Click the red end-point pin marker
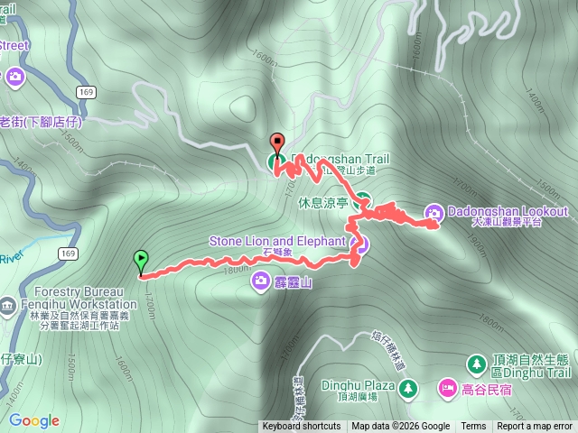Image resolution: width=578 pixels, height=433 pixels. pos(276,143)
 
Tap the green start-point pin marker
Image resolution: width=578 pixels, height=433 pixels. pos(140,260)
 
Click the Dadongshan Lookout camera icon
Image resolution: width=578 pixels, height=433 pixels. pos(433,212)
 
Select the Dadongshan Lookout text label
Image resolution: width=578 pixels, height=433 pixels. pos(508,212)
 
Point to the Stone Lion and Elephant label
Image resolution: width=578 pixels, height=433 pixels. pos(277,241)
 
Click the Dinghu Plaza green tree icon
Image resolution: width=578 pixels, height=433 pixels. pos(408,387)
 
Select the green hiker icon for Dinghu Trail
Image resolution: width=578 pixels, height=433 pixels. pos(476,364)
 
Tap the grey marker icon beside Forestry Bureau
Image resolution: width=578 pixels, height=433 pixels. pos(7,304)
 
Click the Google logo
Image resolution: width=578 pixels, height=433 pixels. pos(33,420)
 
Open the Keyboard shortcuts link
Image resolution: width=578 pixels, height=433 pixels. pos(302,427)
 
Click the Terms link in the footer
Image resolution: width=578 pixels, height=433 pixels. pos(473,427)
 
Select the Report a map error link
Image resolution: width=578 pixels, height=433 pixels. pos(535,427)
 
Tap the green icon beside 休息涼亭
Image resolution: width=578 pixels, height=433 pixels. pos(362,202)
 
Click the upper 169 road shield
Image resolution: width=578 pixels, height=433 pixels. pos(87,92)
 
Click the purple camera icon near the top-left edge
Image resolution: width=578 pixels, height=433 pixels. pos(14,77)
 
